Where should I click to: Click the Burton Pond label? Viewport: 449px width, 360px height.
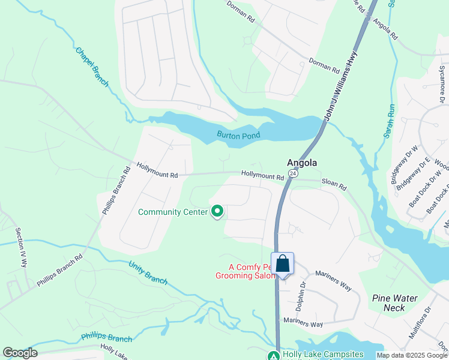[x=238, y=136]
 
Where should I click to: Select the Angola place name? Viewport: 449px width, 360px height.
[x=301, y=163]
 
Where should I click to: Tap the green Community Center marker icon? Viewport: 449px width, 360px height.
[x=217, y=211]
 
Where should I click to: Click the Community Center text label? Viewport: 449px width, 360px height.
[x=173, y=212]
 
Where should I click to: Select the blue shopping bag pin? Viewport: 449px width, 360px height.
[x=283, y=264]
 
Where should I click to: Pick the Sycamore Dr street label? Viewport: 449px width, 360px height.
[x=443, y=91]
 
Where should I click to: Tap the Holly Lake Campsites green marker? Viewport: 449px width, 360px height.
[x=274, y=355]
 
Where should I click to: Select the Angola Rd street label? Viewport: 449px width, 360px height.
[x=385, y=29]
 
